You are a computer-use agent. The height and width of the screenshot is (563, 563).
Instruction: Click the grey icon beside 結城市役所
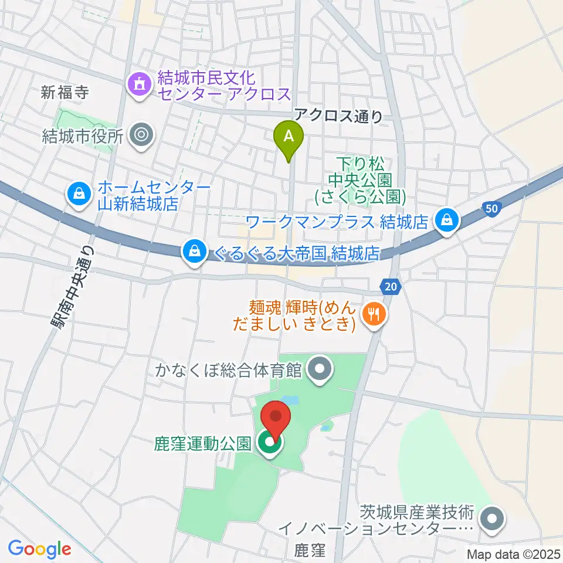[141, 135]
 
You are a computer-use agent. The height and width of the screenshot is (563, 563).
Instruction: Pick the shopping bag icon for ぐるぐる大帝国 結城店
[193, 252]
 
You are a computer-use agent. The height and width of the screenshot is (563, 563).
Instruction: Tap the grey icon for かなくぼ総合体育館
[320, 369]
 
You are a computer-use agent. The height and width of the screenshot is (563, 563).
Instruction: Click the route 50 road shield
[493, 208]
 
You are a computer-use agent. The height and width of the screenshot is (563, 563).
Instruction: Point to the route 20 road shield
[391, 286]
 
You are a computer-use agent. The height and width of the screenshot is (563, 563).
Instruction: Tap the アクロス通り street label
[339, 116]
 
